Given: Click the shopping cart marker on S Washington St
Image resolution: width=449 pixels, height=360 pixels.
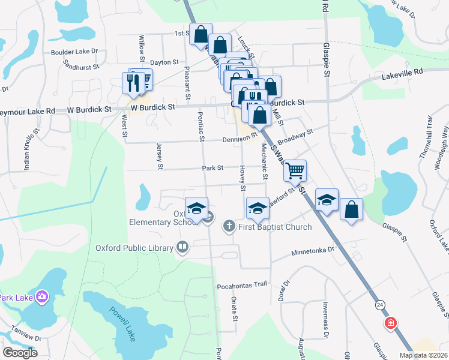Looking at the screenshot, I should coord(295,171).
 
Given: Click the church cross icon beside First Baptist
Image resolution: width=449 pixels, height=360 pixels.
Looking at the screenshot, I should coord(229,227).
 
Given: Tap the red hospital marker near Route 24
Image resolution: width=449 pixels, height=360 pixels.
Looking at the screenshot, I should coord(390,323).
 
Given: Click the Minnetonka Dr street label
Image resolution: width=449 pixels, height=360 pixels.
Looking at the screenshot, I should coord(312,253).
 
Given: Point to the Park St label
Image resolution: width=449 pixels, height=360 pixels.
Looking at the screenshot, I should coord(212,168).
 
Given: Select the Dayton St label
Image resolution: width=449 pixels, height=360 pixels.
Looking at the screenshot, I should coord(164,62).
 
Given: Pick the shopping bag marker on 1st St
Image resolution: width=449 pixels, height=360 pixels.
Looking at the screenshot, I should coord(200,34).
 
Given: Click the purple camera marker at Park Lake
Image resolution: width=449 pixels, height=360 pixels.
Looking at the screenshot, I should coord(41,296).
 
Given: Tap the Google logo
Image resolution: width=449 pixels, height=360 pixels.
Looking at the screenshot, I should coord(20,353).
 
